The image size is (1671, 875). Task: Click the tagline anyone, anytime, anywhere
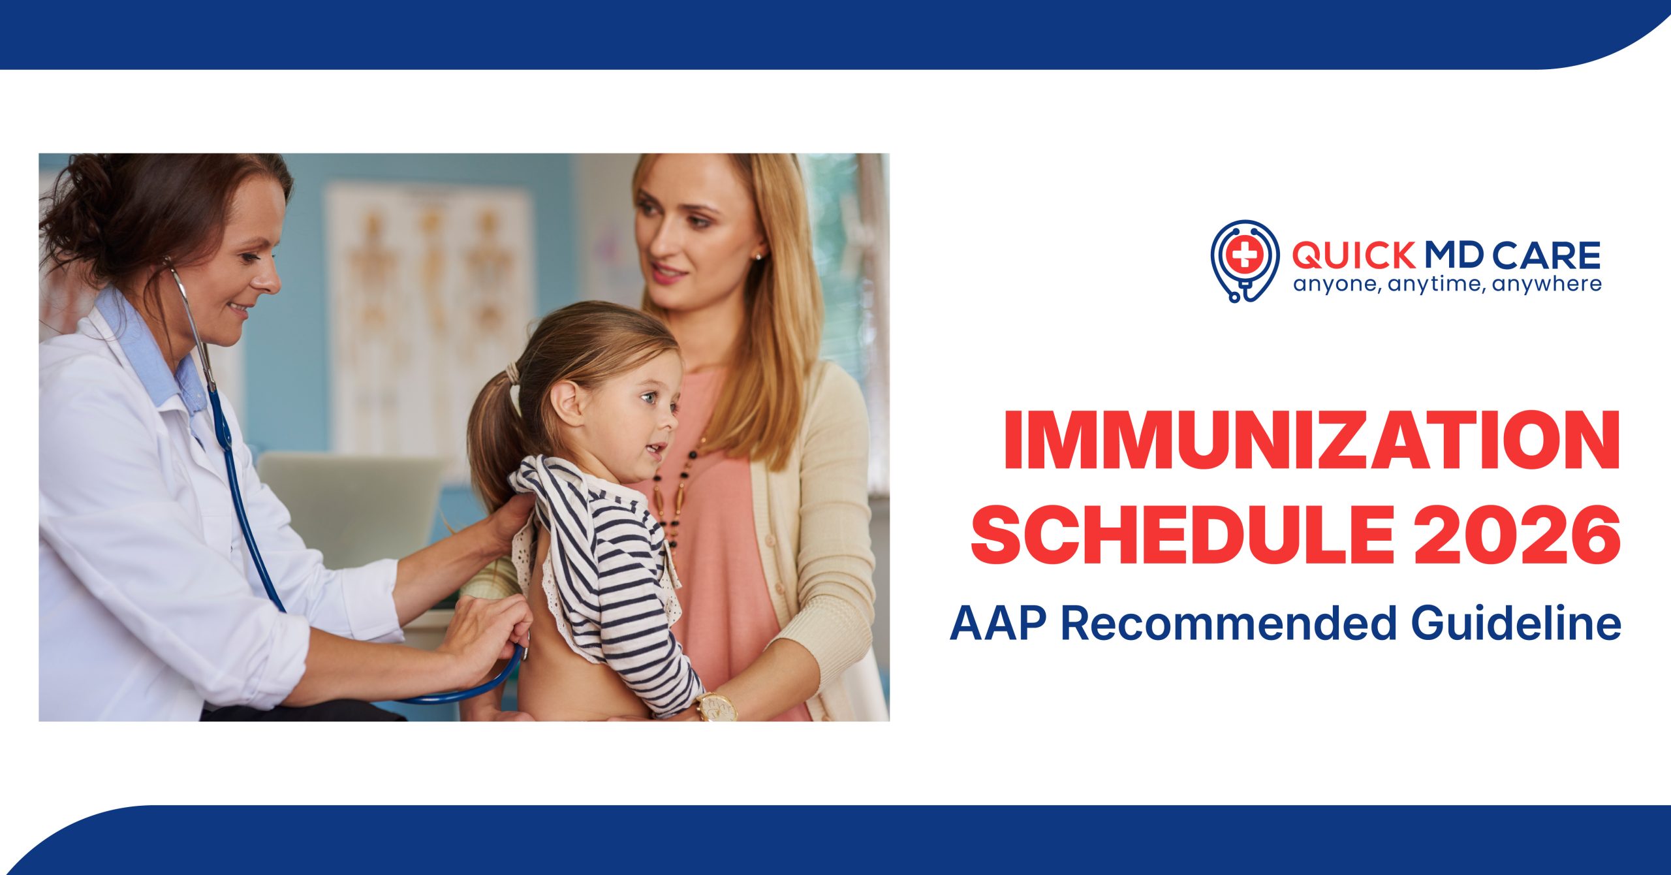(1446, 285)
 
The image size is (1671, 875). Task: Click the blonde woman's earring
(758, 257)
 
